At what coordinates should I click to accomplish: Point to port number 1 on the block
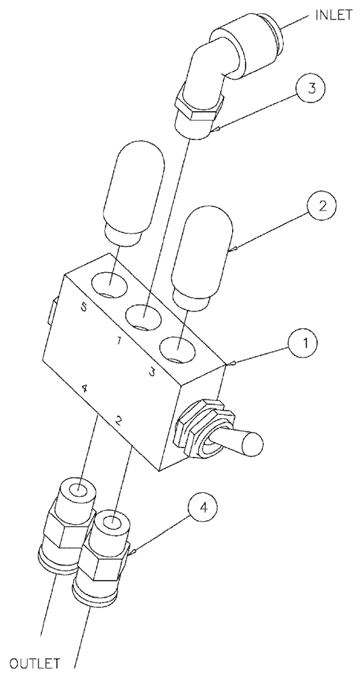point(118,342)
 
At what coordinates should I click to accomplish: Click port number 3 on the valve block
point(154,371)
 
